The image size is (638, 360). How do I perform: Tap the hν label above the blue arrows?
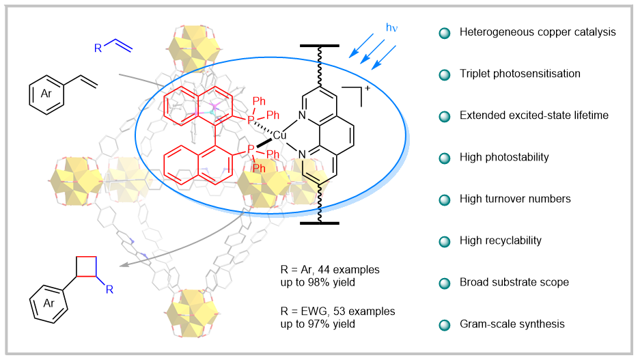tap(392, 28)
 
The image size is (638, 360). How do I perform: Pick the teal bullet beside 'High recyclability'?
tap(445, 240)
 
